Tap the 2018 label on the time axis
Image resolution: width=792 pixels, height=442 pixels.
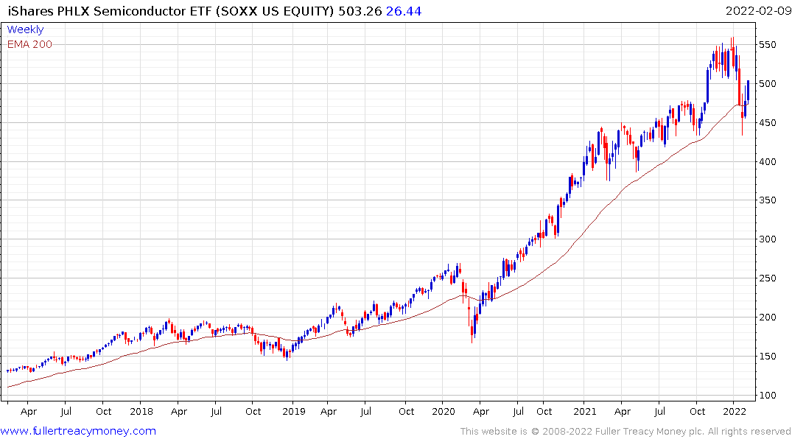[141, 412]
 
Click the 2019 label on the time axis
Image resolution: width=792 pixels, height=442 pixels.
[293, 412]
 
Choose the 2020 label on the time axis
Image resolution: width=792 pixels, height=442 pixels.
[444, 412]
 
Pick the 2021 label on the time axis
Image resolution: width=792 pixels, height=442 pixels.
[585, 412]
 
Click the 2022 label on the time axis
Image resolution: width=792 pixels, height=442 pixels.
[735, 412]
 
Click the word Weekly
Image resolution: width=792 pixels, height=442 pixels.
[25, 29]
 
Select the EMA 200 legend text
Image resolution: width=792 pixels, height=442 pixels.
[29, 44]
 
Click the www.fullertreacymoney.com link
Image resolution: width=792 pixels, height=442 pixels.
[78, 431]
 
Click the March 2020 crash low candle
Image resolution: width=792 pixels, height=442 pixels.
[472, 340]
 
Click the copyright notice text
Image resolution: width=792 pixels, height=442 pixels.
[625, 431]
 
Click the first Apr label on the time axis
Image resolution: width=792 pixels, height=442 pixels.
[29, 412]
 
